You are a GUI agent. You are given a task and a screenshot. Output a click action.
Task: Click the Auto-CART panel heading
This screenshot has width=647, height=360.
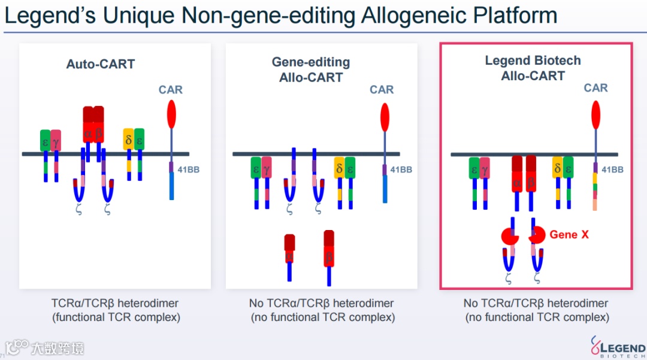coord(101,64)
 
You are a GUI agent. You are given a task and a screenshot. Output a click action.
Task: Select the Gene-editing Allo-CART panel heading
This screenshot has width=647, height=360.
coord(311,69)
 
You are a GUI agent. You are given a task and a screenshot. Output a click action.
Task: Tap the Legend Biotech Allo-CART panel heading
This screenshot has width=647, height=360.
coord(533,68)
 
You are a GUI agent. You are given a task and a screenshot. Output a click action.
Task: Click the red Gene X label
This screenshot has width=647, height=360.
coord(569,235)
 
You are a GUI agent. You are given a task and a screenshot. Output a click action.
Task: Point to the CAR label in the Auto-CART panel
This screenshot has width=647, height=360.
coord(171,90)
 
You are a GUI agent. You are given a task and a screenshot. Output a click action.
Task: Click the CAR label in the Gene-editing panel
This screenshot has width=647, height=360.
coord(382,90)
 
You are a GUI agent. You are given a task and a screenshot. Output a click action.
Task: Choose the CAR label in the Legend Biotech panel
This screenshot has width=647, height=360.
coord(595,88)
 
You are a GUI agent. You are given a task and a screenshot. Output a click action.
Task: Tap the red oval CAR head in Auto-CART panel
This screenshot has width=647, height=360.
coord(171,114)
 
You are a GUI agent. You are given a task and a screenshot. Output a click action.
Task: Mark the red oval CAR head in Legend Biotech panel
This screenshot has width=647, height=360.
coord(595,114)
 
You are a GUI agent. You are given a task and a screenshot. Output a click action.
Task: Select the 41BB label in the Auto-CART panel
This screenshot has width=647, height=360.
coord(189,170)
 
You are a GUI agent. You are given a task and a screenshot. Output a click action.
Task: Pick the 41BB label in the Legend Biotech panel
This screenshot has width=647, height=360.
coord(612,170)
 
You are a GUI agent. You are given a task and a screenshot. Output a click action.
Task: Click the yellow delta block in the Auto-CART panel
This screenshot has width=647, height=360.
coord(128,141)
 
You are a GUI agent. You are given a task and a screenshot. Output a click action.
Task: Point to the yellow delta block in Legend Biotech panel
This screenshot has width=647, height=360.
coord(557,168)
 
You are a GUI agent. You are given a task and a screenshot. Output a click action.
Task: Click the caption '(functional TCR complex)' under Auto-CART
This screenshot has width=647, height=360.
coord(116,317)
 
